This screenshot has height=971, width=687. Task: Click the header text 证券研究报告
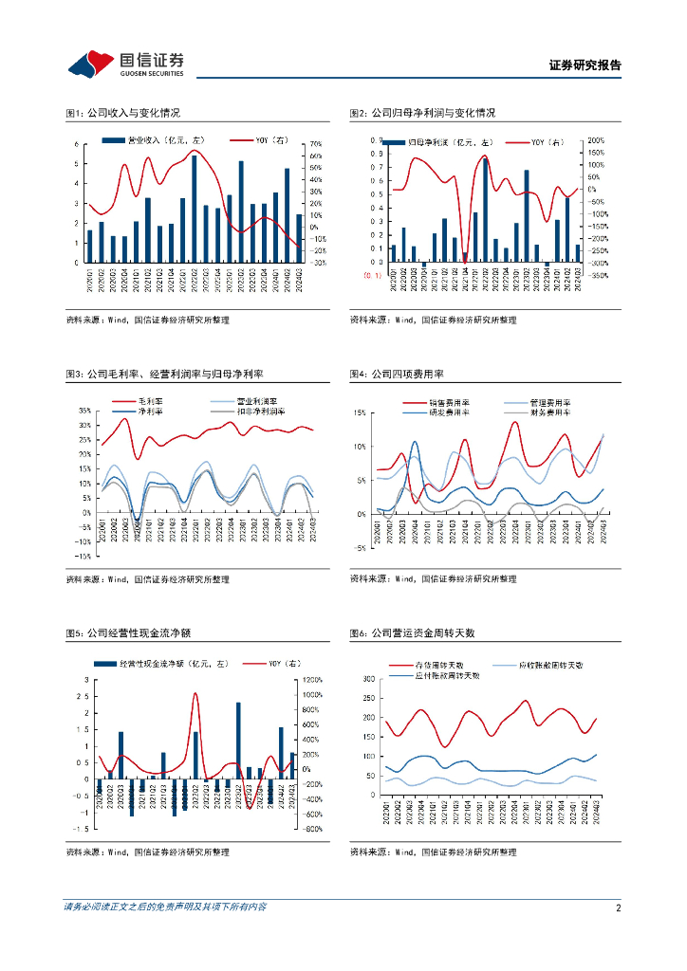click(x=585, y=65)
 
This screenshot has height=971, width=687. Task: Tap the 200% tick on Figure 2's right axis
click(x=597, y=139)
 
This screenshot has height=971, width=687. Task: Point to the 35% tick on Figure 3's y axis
click(x=84, y=412)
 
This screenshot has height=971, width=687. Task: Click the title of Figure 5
click(x=129, y=633)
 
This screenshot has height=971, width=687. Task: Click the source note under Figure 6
click(x=433, y=852)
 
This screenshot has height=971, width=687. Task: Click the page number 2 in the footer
click(x=618, y=907)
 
